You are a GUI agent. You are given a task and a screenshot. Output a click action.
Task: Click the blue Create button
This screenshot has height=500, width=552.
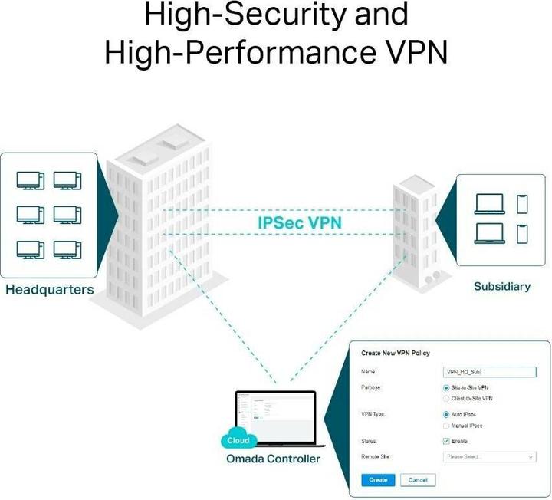[x=377, y=480]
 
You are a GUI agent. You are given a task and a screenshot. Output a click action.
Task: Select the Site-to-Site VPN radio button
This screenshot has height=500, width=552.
[x=447, y=388]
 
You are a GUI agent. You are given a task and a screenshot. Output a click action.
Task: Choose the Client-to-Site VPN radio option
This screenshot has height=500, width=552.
[x=447, y=399]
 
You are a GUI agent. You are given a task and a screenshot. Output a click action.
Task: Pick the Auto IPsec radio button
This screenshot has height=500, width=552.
[x=447, y=415]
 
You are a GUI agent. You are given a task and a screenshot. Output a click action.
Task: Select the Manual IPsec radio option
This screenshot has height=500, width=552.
[x=447, y=426]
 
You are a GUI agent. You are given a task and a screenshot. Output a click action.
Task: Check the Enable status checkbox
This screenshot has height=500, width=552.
[x=447, y=441]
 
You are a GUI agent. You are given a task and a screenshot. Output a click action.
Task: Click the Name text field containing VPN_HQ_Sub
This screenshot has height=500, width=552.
[x=490, y=372]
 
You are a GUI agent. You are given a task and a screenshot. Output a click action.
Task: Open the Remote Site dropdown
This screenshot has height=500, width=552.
[x=490, y=457]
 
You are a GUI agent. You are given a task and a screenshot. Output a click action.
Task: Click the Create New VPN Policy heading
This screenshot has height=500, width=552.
[x=395, y=353]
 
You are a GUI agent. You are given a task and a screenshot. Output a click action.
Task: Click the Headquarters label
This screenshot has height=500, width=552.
[x=50, y=290]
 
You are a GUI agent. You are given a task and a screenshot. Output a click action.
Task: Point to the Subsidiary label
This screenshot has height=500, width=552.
[x=501, y=286]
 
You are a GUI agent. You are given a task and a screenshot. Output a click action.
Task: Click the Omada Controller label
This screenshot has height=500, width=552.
[x=273, y=459]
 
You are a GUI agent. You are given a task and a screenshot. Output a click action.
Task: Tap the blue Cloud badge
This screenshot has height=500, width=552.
[x=238, y=441]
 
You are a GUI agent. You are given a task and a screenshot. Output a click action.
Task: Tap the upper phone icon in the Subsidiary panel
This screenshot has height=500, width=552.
[x=522, y=203]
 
